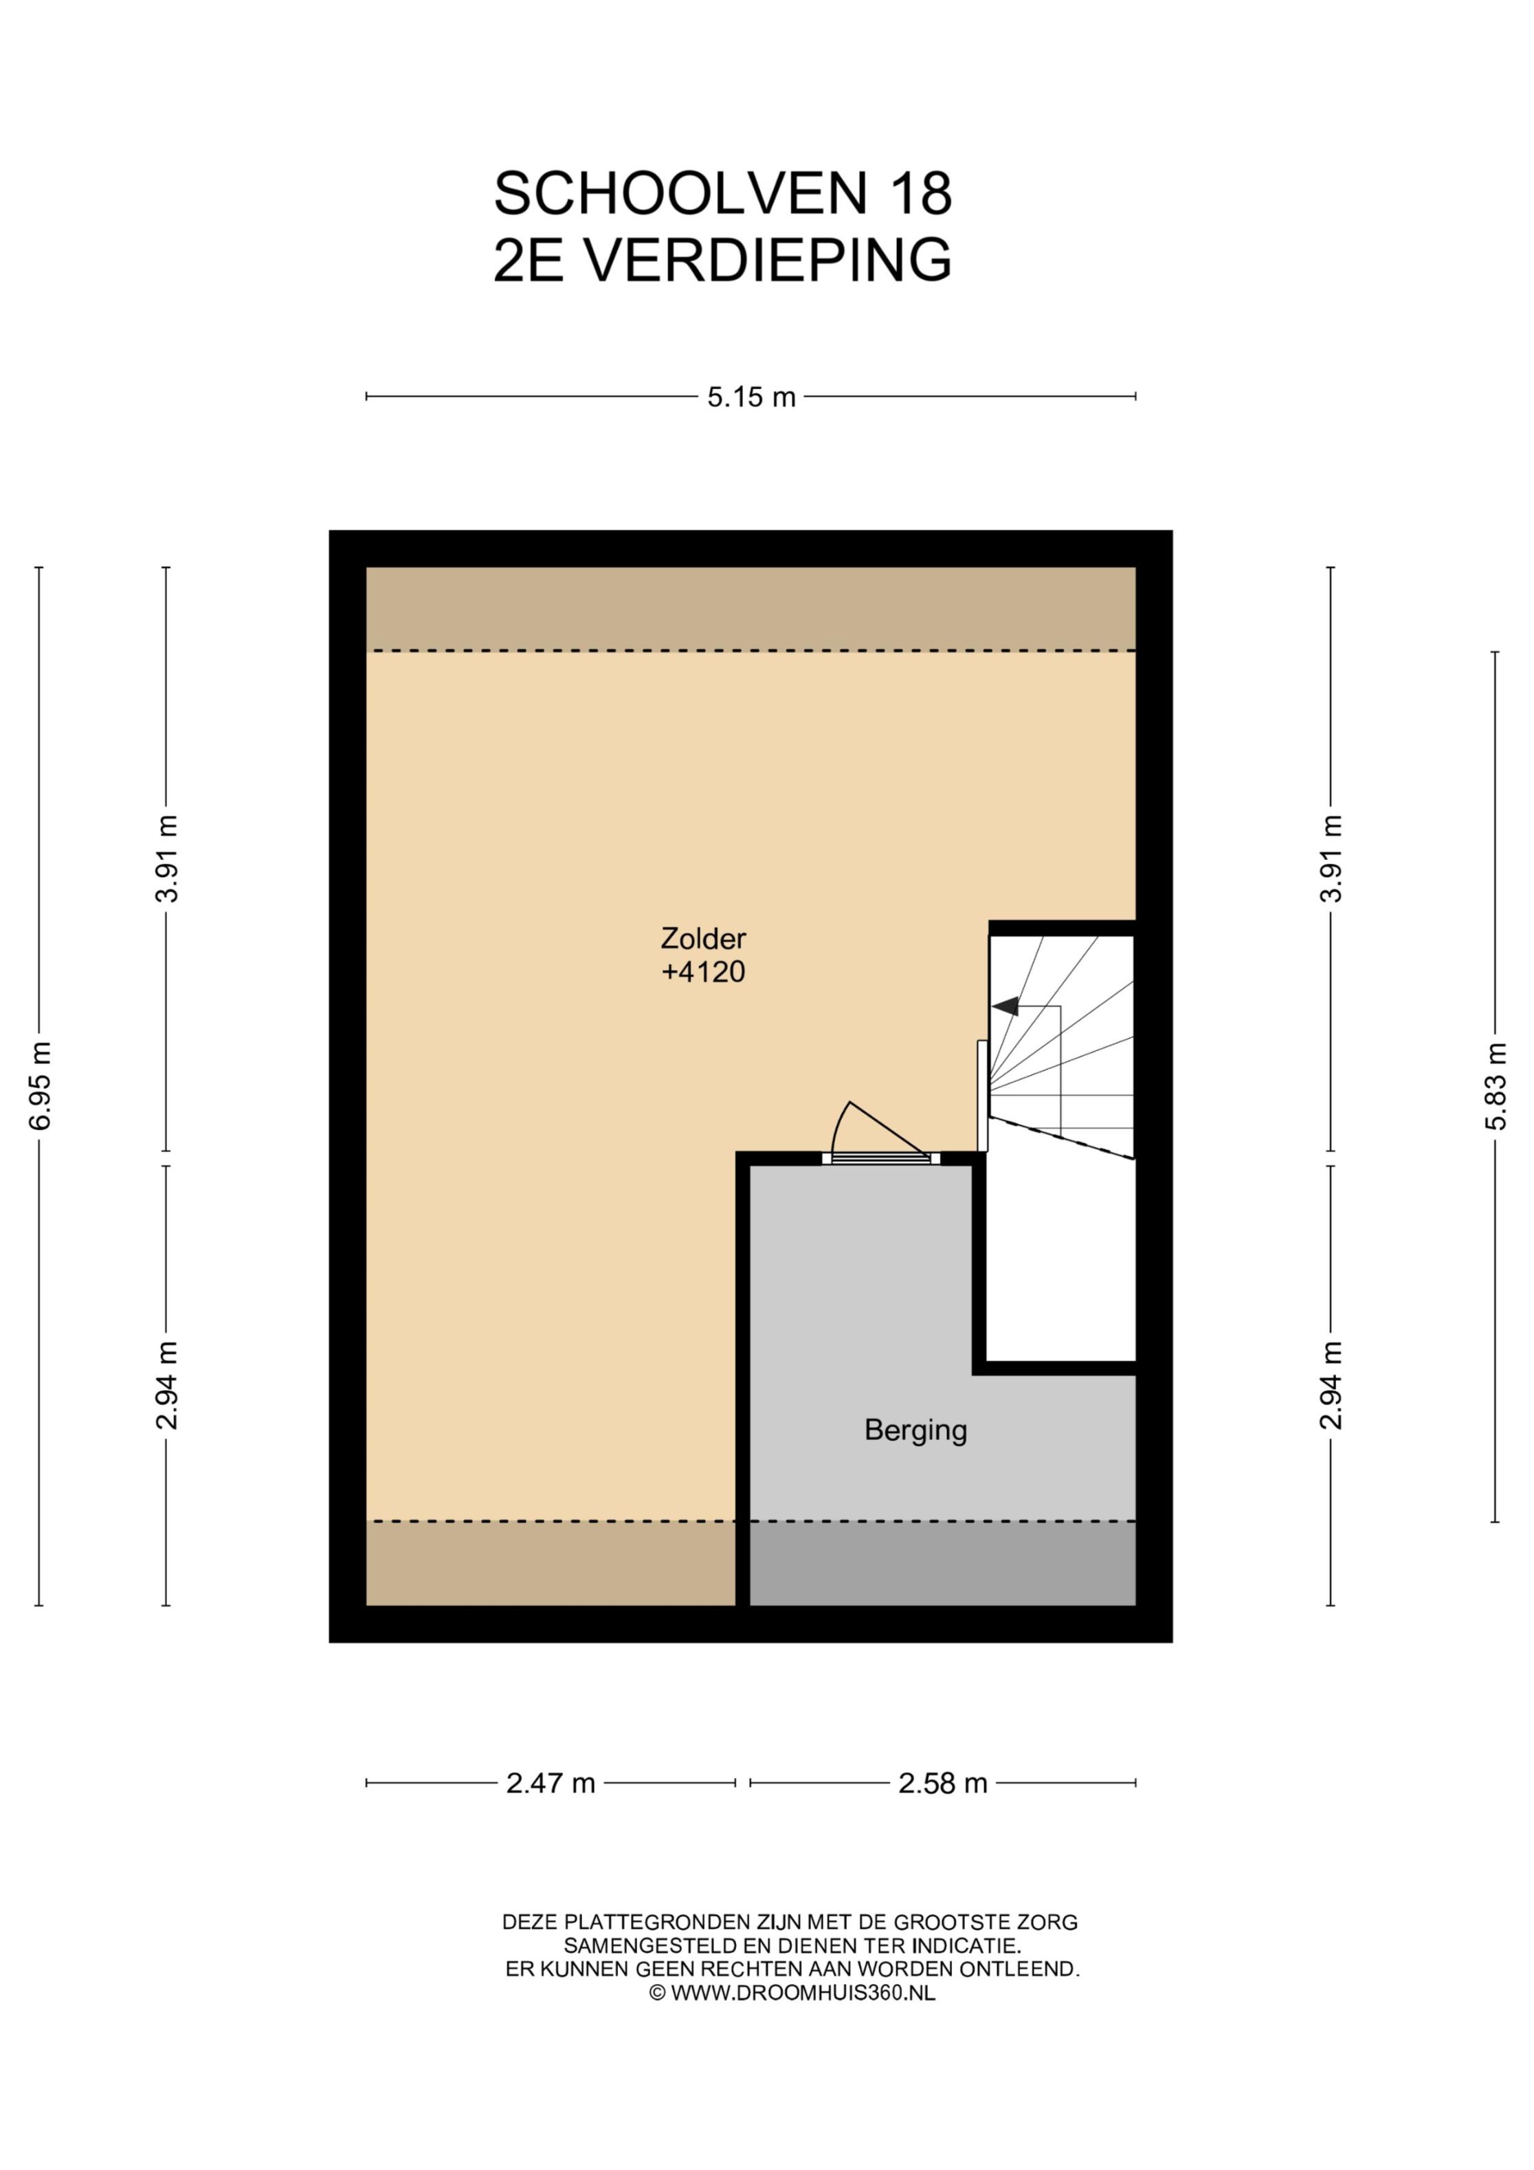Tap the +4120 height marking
[x=703, y=972]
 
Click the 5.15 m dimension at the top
[x=751, y=397]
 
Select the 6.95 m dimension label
[x=40, y=1086]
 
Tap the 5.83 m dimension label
[x=1496, y=1086]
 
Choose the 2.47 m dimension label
[x=550, y=1784]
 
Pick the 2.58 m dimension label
[x=942, y=1784]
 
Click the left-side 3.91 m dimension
[x=166, y=858]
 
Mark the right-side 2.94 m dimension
[x=1331, y=1386]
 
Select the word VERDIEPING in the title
[x=766, y=259]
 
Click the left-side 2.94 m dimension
[x=166, y=1386]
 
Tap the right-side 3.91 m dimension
[x=1331, y=858]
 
